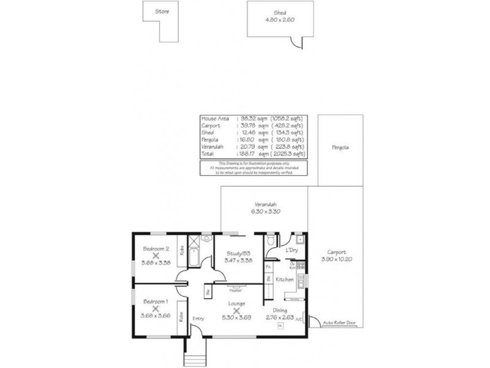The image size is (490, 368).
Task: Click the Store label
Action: click(x=162, y=12)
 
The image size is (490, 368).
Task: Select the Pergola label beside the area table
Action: click(x=341, y=148)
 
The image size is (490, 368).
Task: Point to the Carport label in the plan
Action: click(x=336, y=252)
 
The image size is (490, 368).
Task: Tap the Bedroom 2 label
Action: click(x=156, y=248)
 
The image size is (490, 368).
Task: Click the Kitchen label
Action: click(x=284, y=280)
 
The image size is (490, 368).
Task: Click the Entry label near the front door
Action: click(x=198, y=318)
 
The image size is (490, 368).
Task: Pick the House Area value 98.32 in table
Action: click(x=246, y=118)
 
